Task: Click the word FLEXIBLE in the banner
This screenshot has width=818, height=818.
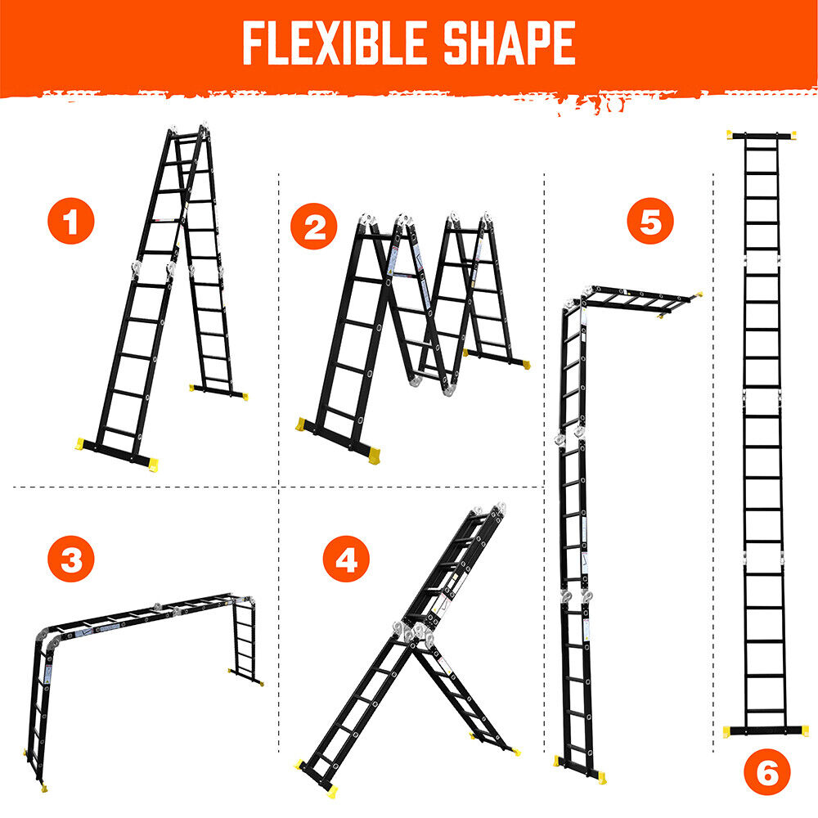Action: click(334, 43)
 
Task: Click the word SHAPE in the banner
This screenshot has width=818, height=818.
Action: click(509, 43)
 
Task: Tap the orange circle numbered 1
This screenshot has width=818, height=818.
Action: click(71, 221)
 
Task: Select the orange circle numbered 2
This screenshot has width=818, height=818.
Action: click(314, 226)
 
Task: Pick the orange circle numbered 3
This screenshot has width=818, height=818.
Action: click(71, 559)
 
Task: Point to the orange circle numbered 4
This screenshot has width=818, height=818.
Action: click(346, 559)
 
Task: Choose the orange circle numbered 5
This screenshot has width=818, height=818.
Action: click(650, 221)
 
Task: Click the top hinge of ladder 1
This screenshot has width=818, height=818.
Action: click(188, 130)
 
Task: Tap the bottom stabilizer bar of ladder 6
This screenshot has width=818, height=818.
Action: click(766, 730)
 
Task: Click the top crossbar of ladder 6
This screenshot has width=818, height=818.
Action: click(762, 135)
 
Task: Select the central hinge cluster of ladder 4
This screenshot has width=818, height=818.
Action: click(413, 634)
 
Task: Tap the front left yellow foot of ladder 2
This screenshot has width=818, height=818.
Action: click(301, 424)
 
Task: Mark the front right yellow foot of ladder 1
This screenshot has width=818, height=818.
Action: click(152, 465)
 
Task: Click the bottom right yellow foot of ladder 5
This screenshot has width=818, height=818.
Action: click(601, 777)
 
